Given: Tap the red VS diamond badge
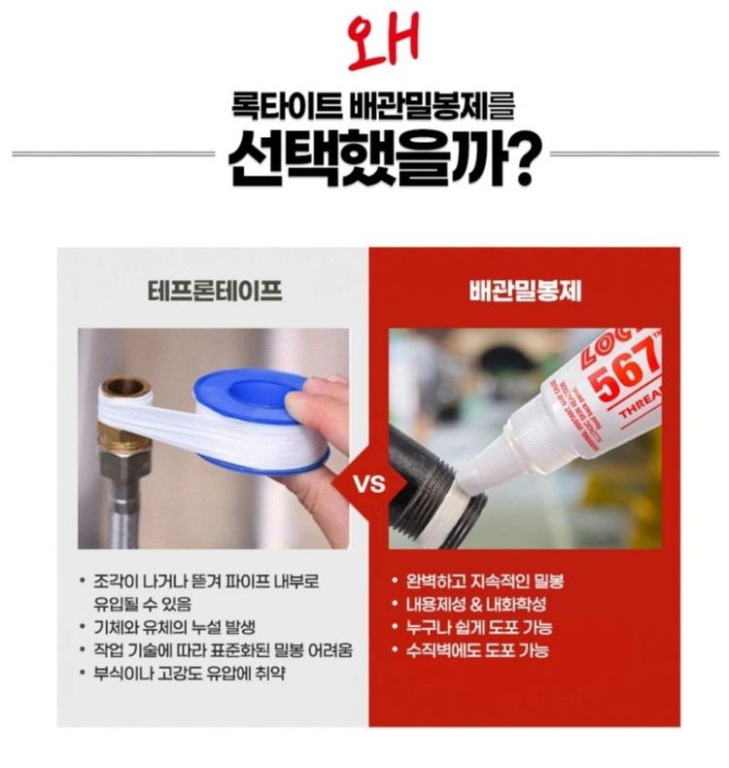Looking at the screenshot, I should [x=368, y=483].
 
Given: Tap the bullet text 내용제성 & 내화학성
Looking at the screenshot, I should [x=476, y=604].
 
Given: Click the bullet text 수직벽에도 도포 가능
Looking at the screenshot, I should [x=477, y=650].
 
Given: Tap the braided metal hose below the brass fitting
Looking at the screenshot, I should [x=121, y=506].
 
